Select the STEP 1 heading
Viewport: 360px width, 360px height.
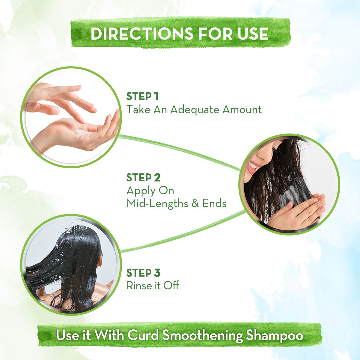tap(142, 97)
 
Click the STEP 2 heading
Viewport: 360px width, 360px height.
tap(143, 178)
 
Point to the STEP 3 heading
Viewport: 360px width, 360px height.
tap(143, 273)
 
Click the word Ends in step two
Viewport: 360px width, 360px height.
tap(214, 203)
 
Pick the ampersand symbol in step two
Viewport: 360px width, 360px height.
tap(195, 204)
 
